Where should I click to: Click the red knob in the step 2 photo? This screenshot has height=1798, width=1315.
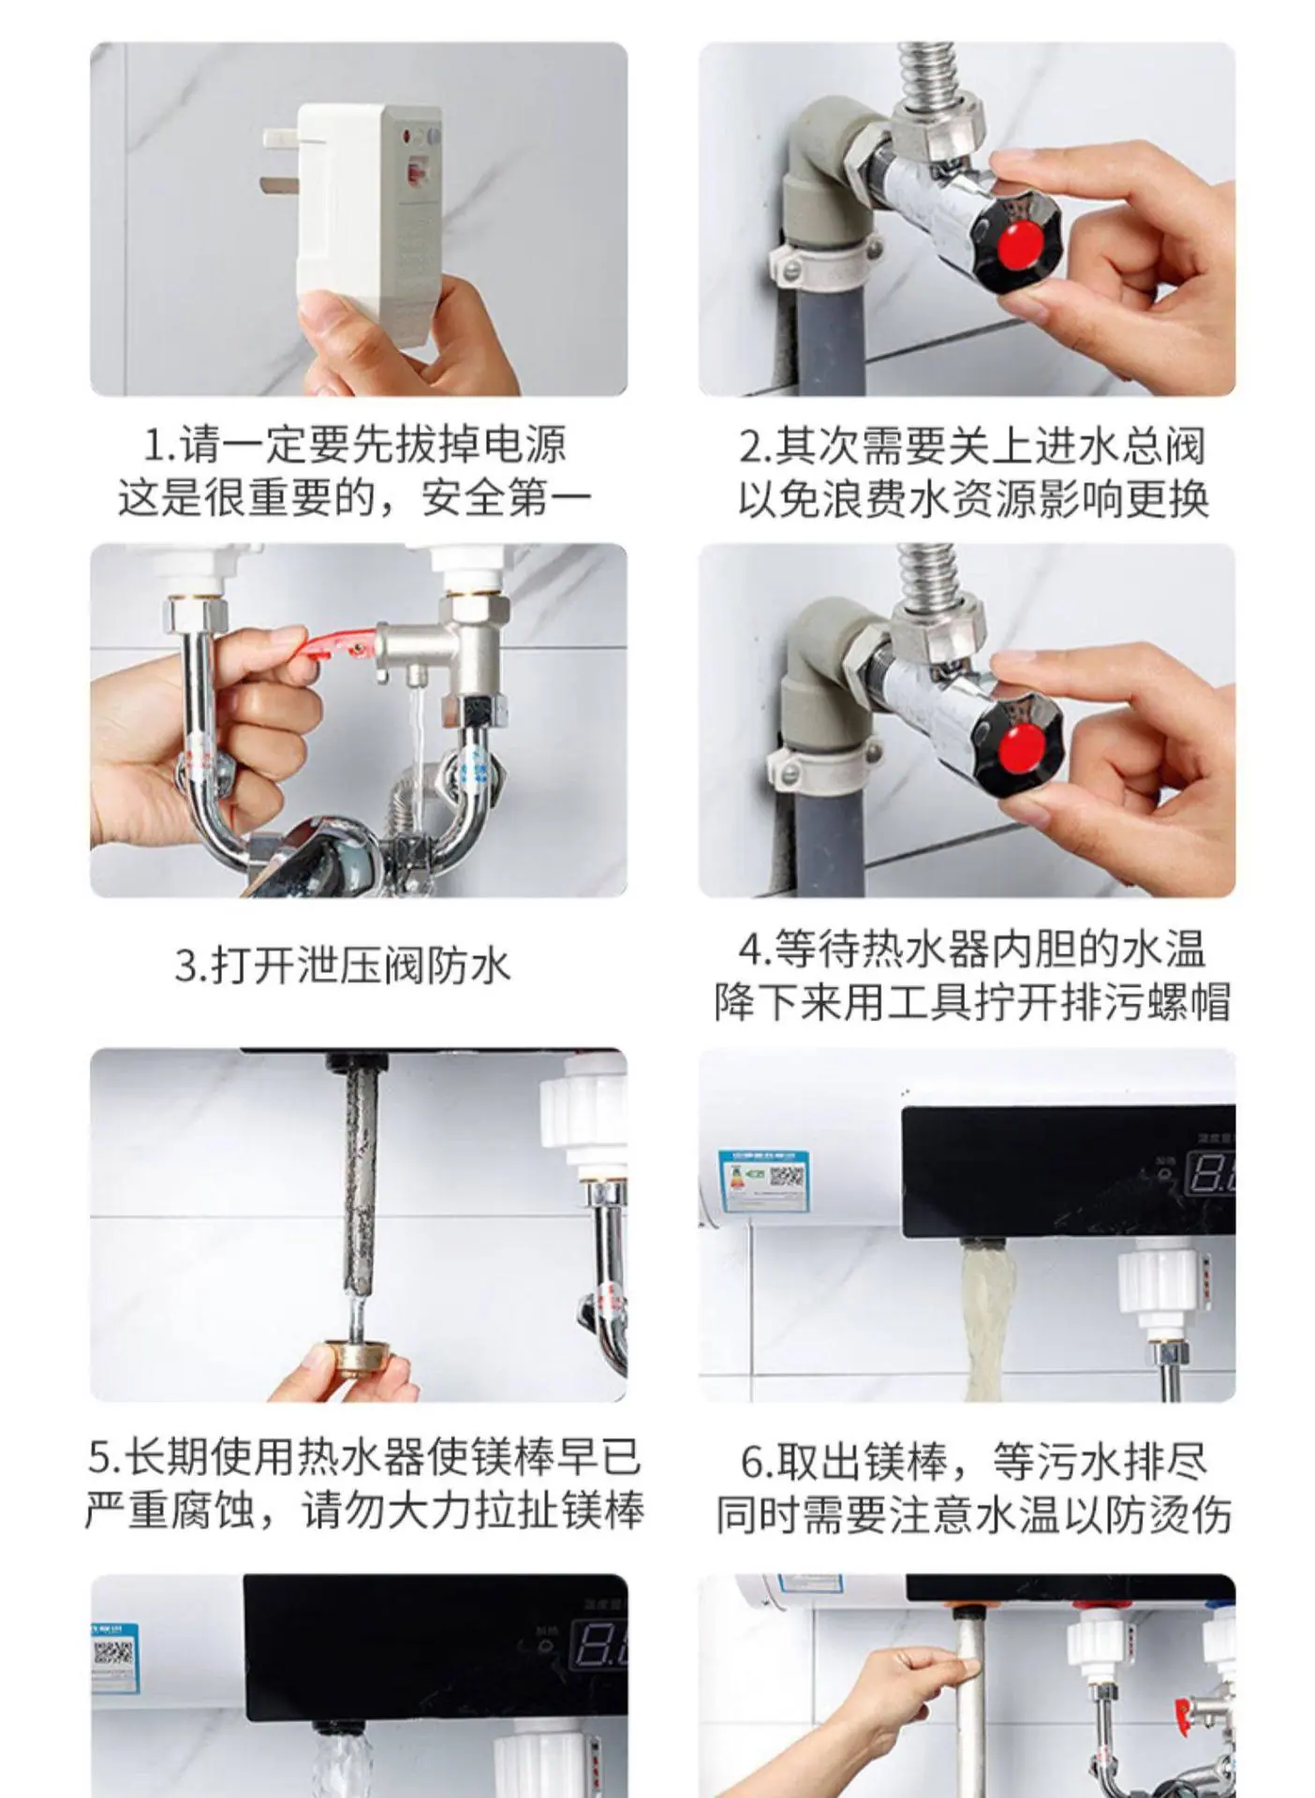coord(1018,243)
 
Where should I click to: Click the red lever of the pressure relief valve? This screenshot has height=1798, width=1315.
coord(335,644)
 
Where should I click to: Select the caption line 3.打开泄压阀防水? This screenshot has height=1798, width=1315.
coord(343,965)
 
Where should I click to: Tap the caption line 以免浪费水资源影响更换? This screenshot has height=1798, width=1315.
coord(973,498)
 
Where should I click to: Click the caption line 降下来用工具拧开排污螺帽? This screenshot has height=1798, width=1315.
coord(972,1002)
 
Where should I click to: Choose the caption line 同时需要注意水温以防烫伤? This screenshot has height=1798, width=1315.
coord(974,1515)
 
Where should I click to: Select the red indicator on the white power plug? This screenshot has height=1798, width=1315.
coord(412,174)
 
